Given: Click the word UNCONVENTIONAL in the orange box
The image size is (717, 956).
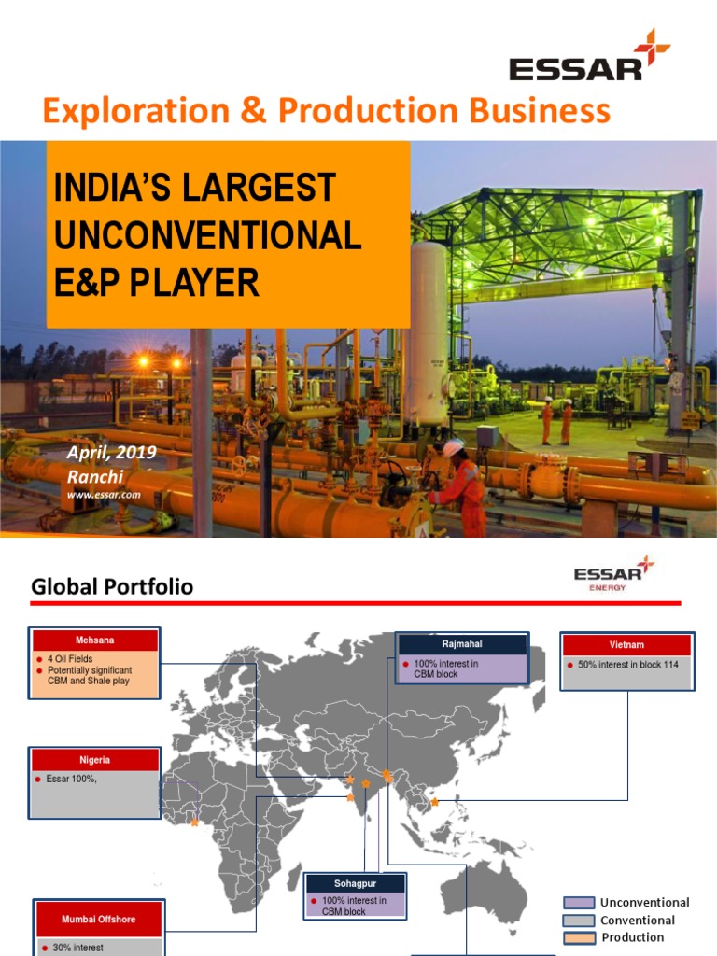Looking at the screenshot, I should [207, 235].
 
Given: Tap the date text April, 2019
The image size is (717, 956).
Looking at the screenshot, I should [111, 453].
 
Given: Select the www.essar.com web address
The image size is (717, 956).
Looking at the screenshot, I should [104, 495].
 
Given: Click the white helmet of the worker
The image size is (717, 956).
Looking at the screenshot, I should [453, 448].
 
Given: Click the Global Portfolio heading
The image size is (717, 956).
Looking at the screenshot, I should [112, 586].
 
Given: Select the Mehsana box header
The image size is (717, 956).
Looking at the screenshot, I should [94, 640].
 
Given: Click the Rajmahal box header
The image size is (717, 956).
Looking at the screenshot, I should [463, 644].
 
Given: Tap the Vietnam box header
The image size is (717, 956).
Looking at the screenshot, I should [626, 645].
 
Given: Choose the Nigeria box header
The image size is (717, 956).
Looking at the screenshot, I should [94, 760].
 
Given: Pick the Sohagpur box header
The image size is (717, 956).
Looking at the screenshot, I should [356, 883].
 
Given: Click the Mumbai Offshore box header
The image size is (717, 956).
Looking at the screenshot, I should [98, 920].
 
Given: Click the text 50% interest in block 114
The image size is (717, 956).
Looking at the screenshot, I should [628, 665].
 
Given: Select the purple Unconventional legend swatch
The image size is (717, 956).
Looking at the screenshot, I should [578, 903].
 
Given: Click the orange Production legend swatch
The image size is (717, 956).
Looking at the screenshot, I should [578, 937].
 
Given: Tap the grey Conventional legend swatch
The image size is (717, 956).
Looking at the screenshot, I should [578, 921].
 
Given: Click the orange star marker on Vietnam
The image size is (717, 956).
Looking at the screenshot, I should [434, 801].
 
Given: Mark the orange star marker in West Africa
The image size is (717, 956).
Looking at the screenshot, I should [194, 822].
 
